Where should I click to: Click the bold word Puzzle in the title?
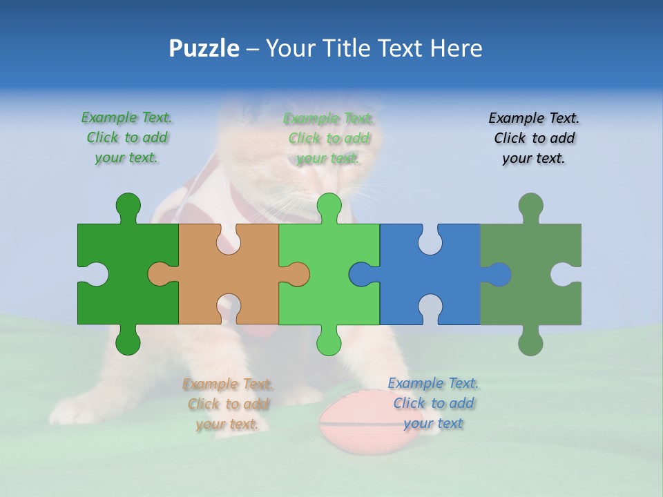click(204, 48)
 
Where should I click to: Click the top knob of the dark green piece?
click(128, 206)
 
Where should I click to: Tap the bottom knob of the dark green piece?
click(128, 342)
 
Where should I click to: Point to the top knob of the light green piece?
click(329, 206)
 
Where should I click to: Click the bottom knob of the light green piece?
click(329, 342)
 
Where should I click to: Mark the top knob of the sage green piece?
click(530, 206)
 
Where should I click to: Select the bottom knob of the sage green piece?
click(530, 342)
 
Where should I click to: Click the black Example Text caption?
click(534, 138)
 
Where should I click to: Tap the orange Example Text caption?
click(228, 404)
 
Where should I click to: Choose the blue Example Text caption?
click(433, 403)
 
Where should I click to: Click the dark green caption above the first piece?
click(127, 137)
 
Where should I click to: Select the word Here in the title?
click(457, 48)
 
